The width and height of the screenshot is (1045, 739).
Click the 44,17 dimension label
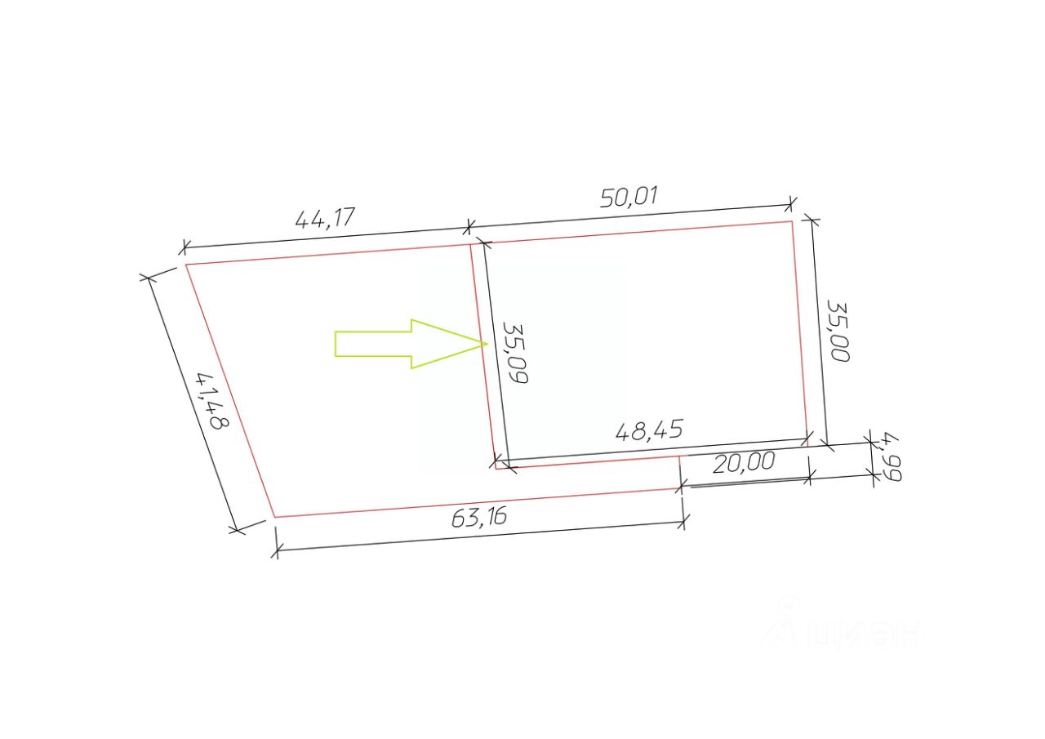[325, 218]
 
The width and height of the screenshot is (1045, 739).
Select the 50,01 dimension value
[629, 197]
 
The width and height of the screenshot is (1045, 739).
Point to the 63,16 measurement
[479, 517]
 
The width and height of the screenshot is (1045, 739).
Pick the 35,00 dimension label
[838, 331]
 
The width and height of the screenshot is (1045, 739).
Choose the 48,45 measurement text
[649, 430]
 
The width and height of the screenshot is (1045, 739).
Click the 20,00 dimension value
[744, 462]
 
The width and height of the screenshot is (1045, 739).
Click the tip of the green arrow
[487, 344]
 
